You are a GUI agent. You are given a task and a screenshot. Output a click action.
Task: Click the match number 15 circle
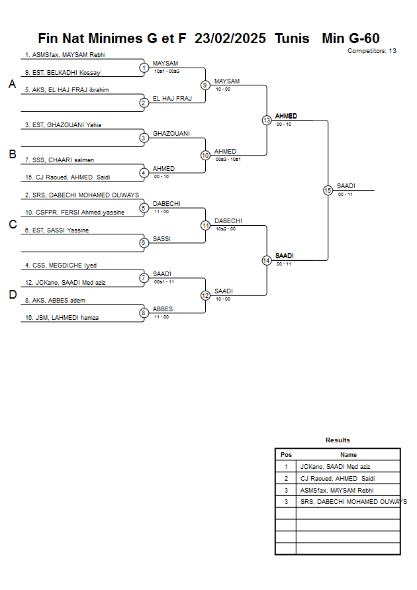(x=328, y=190)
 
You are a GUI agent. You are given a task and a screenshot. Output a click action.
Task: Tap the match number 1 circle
(x=144, y=68)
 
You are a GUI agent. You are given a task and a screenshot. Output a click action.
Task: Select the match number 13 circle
(x=267, y=121)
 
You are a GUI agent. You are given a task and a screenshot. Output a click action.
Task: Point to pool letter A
(x=12, y=85)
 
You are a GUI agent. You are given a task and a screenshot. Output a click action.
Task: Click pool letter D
(x=12, y=295)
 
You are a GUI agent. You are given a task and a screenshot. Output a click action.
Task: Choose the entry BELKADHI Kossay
(x=62, y=73)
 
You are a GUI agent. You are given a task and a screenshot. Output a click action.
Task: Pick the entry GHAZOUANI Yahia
(x=63, y=124)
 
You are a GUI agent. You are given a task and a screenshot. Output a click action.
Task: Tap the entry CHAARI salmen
(x=59, y=160)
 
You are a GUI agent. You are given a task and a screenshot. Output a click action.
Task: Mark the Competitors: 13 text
(x=372, y=51)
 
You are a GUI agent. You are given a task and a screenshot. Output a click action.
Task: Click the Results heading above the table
(x=338, y=440)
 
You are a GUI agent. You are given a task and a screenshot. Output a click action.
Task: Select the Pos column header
(x=286, y=455)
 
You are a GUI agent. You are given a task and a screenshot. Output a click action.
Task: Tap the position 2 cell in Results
(x=286, y=478)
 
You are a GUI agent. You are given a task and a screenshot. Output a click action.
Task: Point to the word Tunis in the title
(x=292, y=38)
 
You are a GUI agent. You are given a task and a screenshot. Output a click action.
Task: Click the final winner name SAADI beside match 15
(x=346, y=186)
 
